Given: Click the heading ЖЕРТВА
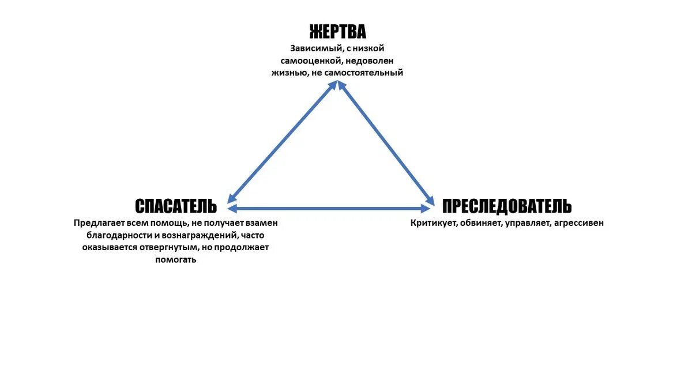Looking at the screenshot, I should click(x=337, y=31).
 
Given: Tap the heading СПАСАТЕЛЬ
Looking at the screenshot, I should click(x=176, y=206).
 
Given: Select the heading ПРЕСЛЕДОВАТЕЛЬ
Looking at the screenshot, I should click(x=507, y=206).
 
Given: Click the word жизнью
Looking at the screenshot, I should click(x=288, y=73).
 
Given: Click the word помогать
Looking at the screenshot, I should click(x=176, y=260).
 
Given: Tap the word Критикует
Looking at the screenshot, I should click(x=434, y=222).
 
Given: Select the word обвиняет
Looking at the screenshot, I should click(x=481, y=222).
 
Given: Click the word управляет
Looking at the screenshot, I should click(x=528, y=222).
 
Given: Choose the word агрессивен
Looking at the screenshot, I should click(x=578, y=222).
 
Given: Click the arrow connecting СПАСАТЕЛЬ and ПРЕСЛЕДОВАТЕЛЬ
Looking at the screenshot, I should click(x=329, y=208).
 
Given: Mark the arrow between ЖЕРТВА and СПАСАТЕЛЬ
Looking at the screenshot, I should click(x=283, y=141).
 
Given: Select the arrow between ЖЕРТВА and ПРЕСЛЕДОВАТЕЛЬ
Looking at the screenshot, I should click(x=386, y=141).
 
